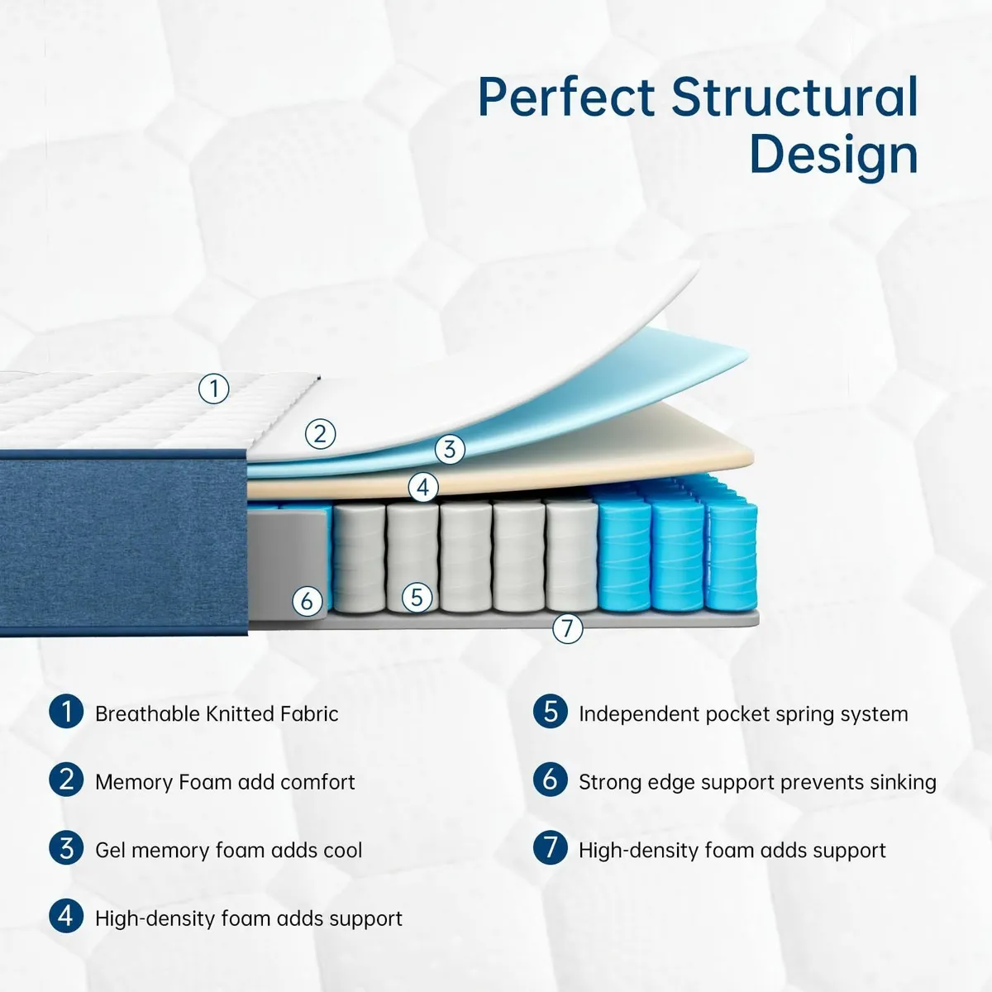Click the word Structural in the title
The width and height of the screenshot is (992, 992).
794,98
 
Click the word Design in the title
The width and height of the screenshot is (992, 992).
833,155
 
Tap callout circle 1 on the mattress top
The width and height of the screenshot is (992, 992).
214,388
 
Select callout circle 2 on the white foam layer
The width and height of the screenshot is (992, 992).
321,433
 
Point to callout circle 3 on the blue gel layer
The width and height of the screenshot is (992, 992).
450,450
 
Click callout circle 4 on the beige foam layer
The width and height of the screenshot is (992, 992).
423,487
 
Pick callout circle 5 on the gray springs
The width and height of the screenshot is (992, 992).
417,597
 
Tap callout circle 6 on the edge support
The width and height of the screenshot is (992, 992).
308,600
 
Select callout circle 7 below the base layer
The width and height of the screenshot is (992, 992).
567,629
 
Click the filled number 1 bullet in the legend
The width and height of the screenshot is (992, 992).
66,713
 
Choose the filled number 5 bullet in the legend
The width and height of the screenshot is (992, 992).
550,713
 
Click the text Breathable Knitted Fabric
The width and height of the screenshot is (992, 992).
217,714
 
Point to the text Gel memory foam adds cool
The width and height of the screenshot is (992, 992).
228,851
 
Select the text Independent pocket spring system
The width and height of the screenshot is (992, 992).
743,714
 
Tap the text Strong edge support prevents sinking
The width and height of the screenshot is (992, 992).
757,782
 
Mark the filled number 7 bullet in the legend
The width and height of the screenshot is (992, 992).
550,849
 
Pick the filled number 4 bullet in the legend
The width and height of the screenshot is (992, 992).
66,917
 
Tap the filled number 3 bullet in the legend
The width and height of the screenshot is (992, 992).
66,849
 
